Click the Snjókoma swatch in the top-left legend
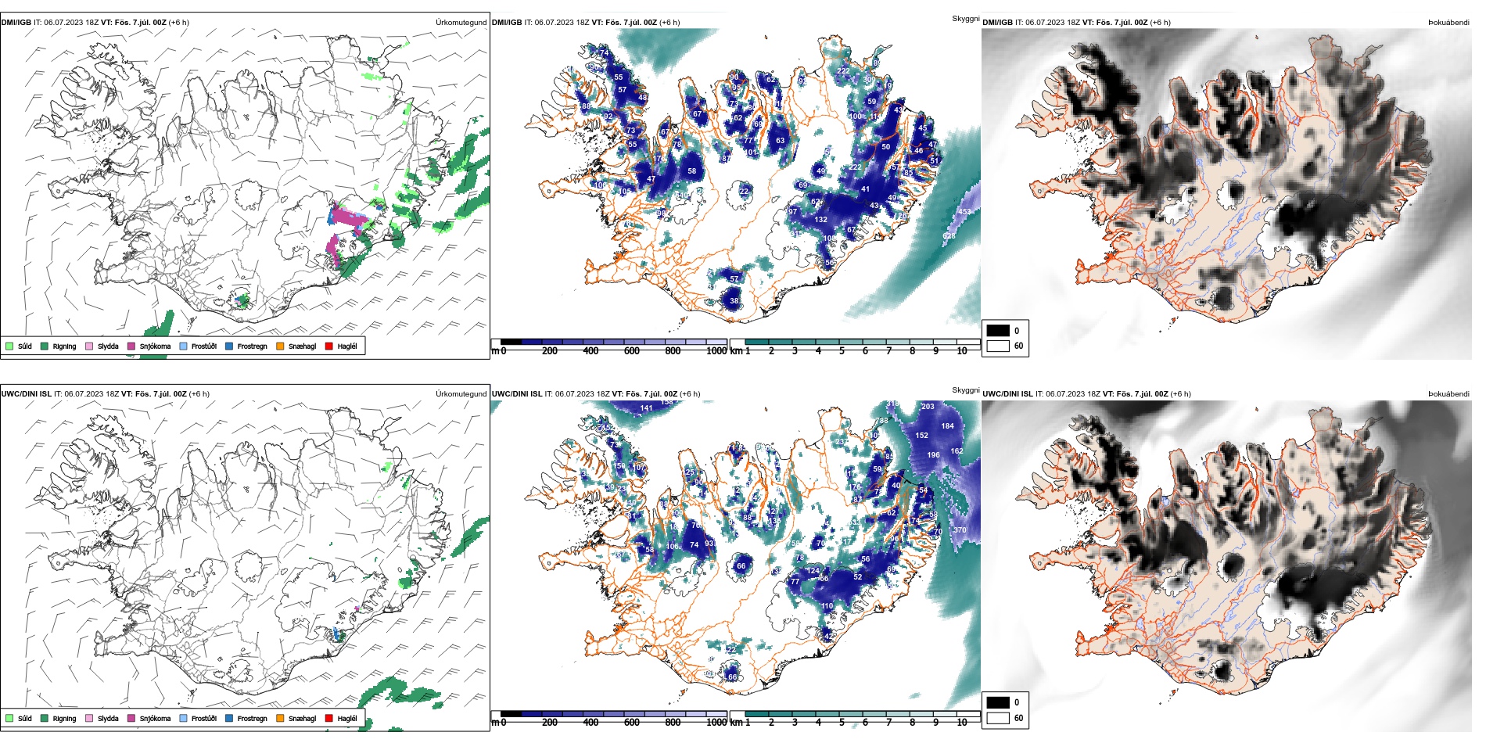pyautogui.click(x=131, y=346)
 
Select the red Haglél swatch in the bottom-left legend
pyautogui.click(x=328, y=718)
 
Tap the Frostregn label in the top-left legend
pyautogui.click(x=252, y=346)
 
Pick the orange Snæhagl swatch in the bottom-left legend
pyautogui.click(x=280, y=718)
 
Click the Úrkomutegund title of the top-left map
pyautogui.click(x=461, y=23)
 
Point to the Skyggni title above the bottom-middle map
pyautogui.click(x=965, y=389)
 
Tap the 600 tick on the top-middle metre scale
pyautogui.click(x=631, y=351)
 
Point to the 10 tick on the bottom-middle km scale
pyautogui.click(x=962, y=723)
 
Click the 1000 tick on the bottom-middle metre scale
pyautogui.click(x=716, y=723)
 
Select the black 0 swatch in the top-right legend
pyautogui.click(x=998, y=331)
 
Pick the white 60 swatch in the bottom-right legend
pyautogui.click(x=998, y=718)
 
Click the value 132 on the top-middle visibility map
pyautogui.click(x=820, y=220)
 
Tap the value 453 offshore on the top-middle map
pyautogui.click(x=965, y=212)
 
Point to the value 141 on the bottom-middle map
pyautogui.click(x=646, y=408)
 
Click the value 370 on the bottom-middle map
pyautogui.click(x=960, y=530)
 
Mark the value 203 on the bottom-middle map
pyautogui.click(x=928, y=407)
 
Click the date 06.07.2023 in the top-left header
pyautogui.click(x=63, y=23)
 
